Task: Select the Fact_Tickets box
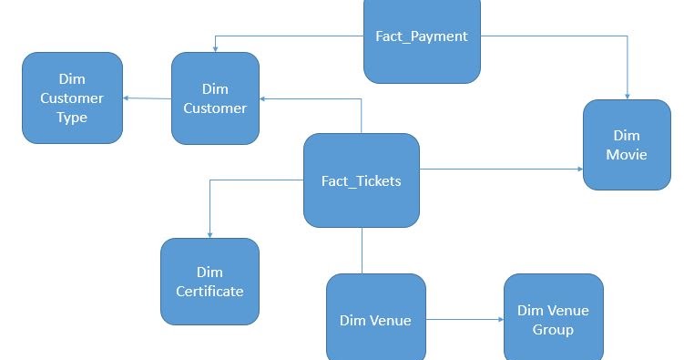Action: [362, 180]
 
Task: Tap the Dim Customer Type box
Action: [72, 98]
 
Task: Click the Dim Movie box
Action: [627, 145]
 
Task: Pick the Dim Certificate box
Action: [209, 282]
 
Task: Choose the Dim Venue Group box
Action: [553, 319]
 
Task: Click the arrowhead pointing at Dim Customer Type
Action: [128, 98]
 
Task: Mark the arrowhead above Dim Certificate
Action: [209, 233]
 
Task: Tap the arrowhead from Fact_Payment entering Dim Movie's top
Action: [628, 95]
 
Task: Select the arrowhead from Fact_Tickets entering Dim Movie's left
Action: [578, 169]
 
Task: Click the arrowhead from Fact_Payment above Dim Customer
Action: [215, 47]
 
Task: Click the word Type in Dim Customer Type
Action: [72, 117]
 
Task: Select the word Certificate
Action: [209, 292]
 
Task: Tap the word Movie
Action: [627, 154]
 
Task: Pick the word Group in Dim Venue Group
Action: [553, 329]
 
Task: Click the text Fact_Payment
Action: [422, 36]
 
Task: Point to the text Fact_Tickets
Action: [362, 180]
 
